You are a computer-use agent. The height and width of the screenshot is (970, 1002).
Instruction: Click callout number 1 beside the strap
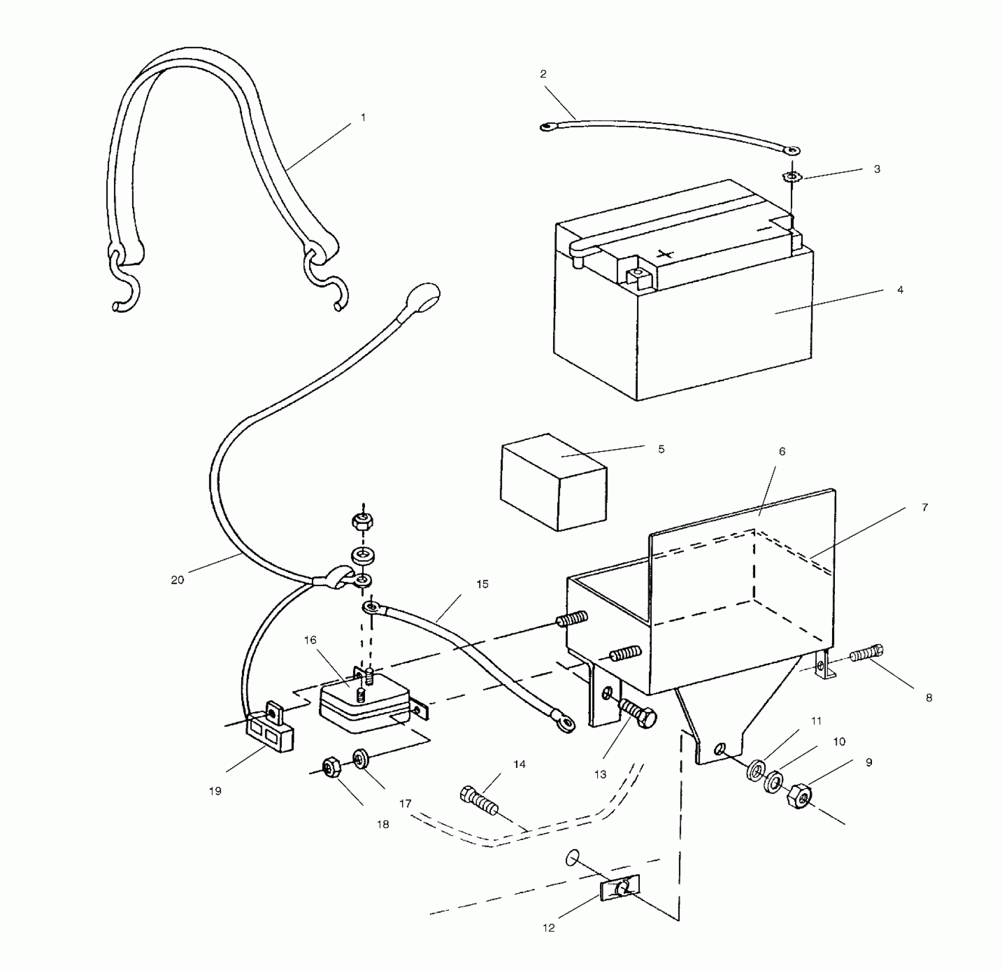click(x=363, y=118)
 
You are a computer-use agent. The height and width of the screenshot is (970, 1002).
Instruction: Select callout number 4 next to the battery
click(x=900, y=290)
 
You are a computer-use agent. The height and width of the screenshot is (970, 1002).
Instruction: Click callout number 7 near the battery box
click(x=924, y=507)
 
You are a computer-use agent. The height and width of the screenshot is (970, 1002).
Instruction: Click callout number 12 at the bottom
click(x=548, y=928)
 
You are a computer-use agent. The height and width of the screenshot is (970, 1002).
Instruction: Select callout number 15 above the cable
click(x=482, y=584)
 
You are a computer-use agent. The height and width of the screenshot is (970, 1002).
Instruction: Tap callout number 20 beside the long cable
click(x=177, y=580)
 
